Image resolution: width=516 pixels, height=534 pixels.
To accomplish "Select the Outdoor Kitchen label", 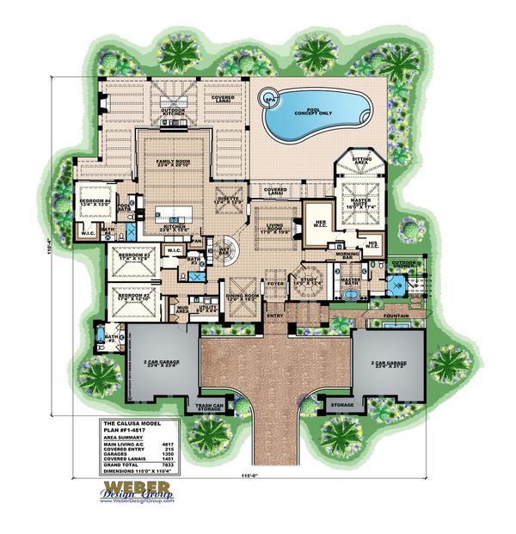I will pyautogui.click(x=175, y=109).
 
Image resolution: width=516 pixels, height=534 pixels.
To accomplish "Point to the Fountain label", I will pyautogui.click(x=397, y=316).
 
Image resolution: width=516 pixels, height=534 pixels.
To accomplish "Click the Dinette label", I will pyautogui.click(x=226, y=200).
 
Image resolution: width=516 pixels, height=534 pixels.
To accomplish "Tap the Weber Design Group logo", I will pyautogui.click(x=131, y=493).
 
